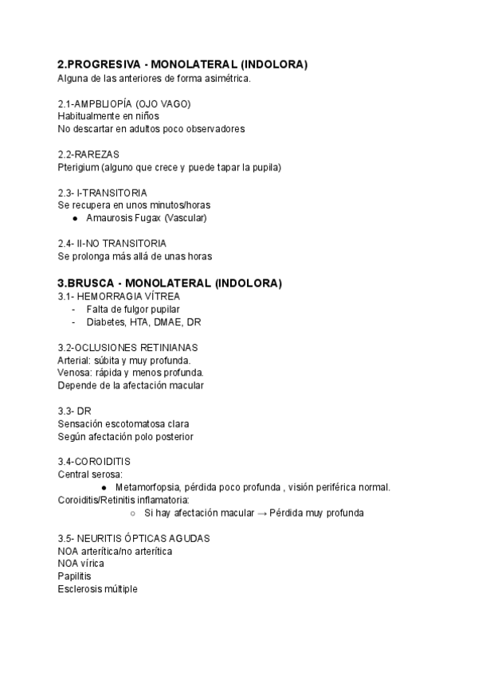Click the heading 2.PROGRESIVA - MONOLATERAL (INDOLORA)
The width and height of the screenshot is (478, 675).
click(182, 64)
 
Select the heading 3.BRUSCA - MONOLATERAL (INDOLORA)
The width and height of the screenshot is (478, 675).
click(170, 283)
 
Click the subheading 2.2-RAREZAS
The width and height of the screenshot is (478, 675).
click(88, 154)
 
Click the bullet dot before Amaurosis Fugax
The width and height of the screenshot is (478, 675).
click(75, 218)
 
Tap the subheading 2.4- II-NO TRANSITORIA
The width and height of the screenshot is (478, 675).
click(112, 243)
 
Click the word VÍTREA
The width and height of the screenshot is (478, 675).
click(162, 296)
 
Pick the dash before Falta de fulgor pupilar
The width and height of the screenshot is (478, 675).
click(74, 309)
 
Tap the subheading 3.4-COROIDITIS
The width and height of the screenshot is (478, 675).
click(94, 462)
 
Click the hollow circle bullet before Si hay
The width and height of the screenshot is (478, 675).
click(132, 513)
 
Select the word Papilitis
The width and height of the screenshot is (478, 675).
click(74, 576)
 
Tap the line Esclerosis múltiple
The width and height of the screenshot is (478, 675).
click(97, 588)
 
